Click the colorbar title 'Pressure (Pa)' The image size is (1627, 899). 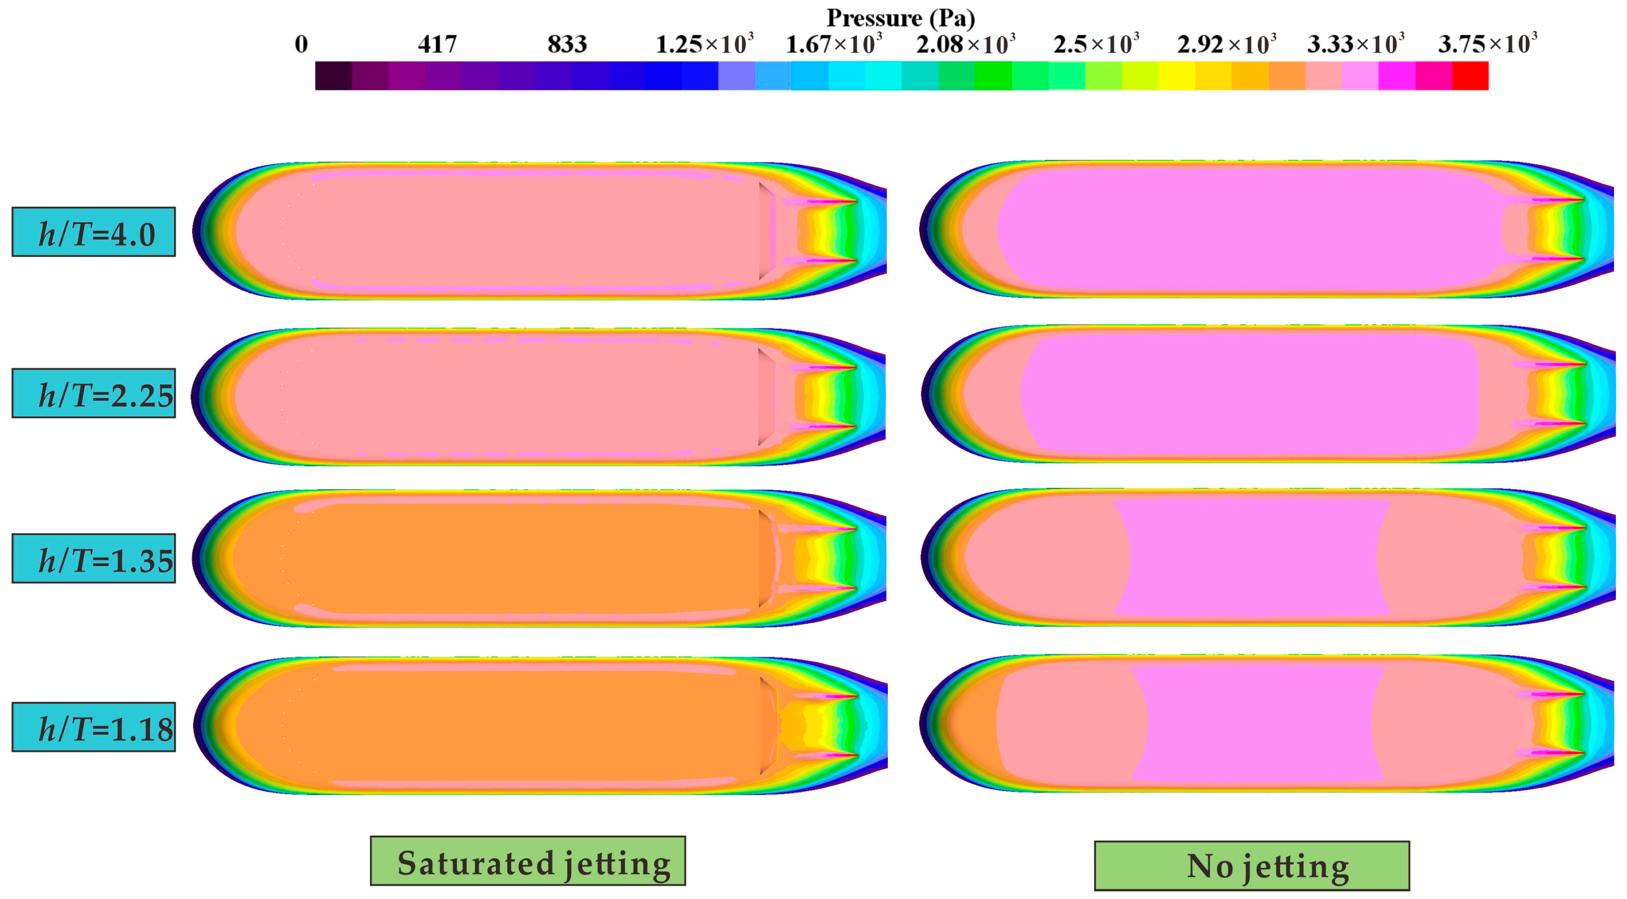click(x=900, y=18)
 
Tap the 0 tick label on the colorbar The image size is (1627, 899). click(x=301, y=44)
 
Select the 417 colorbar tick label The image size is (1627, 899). click(x=436, y=44)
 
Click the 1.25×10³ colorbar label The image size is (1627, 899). click(x=704, y=44)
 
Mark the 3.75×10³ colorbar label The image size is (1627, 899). click(x=1487, y=44)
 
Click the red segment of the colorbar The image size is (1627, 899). click(x=1470, y=76)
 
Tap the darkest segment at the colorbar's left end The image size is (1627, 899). click(x=333, y=76)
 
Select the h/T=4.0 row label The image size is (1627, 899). click(x=93, y=232)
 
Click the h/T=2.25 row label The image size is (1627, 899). click(x=93, y=394)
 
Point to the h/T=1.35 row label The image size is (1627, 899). click(x=93, y=558)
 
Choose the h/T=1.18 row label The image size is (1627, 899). click(x=93, y=727)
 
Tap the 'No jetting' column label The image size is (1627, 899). click(x=1251, y=865)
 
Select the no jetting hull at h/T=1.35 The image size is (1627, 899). click(x=1250, y=557)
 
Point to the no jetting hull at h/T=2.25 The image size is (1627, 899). click(x=1250, y=394)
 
